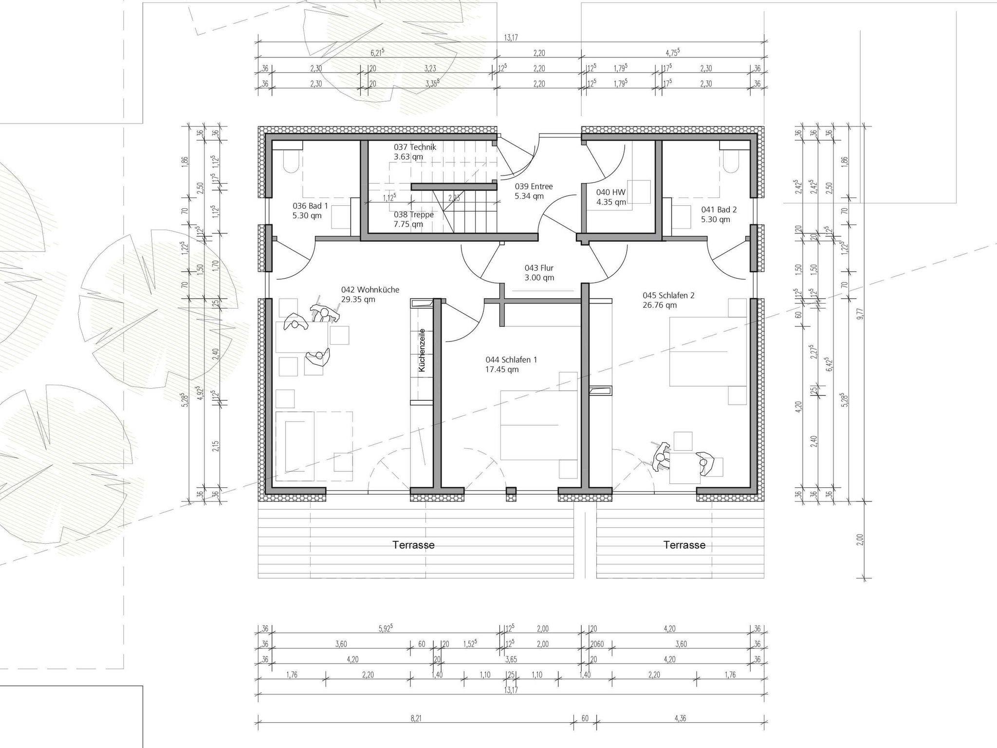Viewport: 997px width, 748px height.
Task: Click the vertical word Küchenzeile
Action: click(422, 350)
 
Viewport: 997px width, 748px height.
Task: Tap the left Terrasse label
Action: click(414, 545)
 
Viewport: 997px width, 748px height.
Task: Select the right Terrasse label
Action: click(684, 545)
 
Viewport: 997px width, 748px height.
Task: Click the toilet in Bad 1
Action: click(291, 160)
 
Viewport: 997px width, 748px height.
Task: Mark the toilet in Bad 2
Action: click(731, 160)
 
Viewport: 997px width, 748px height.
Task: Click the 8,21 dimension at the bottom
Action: click(415, 718)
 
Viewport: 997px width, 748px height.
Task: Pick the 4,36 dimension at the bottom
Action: click(681, 718)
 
